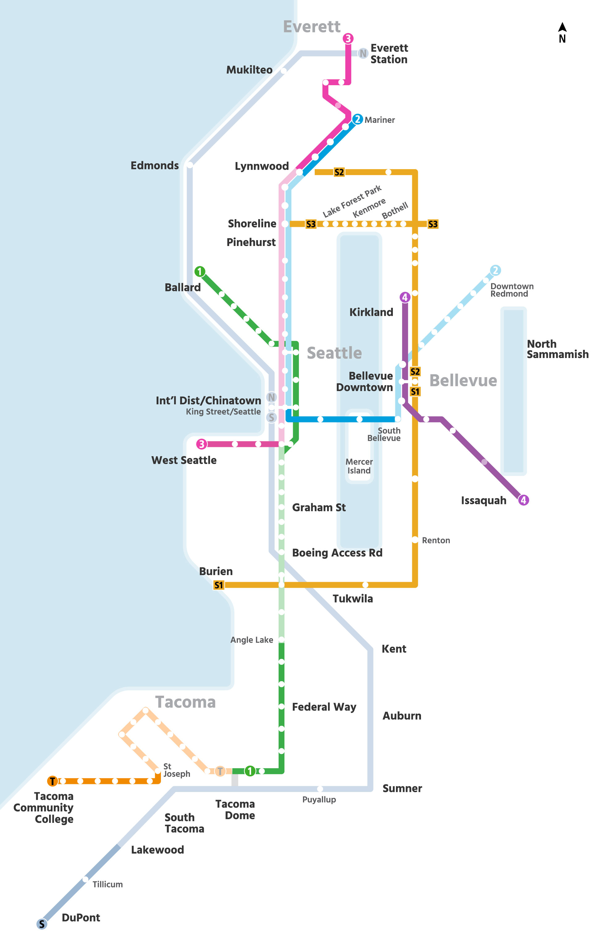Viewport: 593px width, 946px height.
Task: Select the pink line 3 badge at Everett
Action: tap(348, 38)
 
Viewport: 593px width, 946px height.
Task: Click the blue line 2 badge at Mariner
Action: tap(357, 119)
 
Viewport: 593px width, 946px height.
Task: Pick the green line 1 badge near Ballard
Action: tap(200, 271)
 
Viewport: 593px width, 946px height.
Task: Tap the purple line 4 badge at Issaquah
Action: tap(523, 500)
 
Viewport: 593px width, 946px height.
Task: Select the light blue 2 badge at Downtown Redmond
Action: tap(495, 270)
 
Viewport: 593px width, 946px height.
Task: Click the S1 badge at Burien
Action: tap(218, 585)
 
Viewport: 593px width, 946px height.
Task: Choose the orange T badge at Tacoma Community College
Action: tap(52, 781)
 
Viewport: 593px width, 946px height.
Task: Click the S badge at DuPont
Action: tap(42, 924)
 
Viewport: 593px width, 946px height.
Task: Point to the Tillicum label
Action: tap(107, 885)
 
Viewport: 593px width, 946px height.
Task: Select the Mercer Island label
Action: tap(359, 466)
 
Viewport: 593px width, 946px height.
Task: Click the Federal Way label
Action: tap(324, 707)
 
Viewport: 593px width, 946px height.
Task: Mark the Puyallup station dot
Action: tap(320, 789)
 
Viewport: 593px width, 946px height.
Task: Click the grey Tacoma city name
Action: tap(186, 702)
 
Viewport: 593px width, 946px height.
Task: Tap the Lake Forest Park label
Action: tap(352, 202)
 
